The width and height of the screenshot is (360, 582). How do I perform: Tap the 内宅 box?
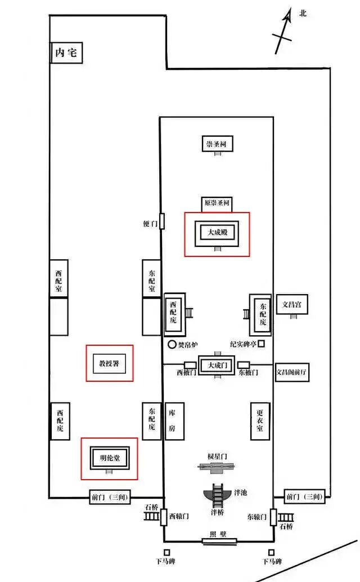[x=66, y=52]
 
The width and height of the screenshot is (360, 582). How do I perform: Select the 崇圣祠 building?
[x=217, y=143]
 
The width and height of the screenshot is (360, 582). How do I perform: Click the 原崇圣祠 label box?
[x=217, y=204]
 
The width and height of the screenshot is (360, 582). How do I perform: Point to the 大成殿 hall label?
[x=217, y=232]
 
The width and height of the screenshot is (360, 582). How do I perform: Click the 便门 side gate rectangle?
[x=162, y=221]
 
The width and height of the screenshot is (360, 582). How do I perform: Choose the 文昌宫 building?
[x=292, y=305]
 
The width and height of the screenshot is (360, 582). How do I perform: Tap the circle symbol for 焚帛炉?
[x=172, y=345]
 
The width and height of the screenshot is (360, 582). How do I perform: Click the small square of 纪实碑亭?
[x=261, y=344]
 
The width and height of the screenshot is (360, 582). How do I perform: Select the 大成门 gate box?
[x=218, y=366]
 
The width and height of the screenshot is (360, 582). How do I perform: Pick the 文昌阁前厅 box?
[x=292, y=372]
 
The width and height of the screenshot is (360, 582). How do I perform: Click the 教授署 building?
[x=109, y=363]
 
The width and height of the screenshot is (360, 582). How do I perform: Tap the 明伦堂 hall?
[x=110, y=458]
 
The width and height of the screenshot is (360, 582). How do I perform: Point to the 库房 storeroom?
[x=174, y=421]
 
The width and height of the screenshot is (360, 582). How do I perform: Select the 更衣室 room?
[x=260, y=421]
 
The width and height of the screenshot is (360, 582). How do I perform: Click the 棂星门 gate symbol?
[x=217, y=467]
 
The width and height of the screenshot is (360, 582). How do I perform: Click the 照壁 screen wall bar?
[x=219, y=541]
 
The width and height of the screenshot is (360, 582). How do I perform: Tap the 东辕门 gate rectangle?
[x=273, y=517]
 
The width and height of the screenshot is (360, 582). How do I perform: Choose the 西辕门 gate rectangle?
[x=164, y=517]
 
